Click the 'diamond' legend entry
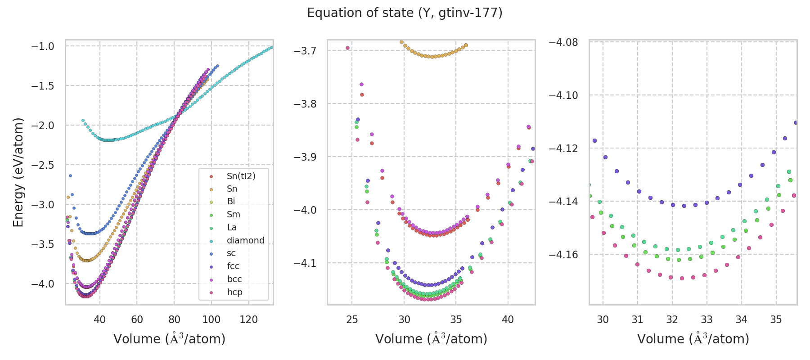pyautogui.click(x=245, y=240)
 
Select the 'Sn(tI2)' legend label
pyautogui.click(x=241, y=176)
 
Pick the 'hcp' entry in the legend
pyautogui.click(x=234, y=292)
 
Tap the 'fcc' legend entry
pyautogui.click(x=233, y=266)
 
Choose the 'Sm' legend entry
pyautogui.click(x=233, y=214)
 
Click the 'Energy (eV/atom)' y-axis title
pyautogui.click(x=18, y=172)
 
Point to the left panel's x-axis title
pyautogui.click(x=169, y=339)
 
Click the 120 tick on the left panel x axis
pyautogui.click(x=248, y=319)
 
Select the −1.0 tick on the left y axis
pyautogui.click(x=43, y=46)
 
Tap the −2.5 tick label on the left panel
pyautogui.click(x=43, y=165)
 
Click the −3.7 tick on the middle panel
pyautogui.click(x=305, y=51)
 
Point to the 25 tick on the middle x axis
pyautogui.click(x=352, y=319)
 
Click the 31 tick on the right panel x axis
pyautogui.click(x=637, y=319)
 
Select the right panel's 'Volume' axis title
pyautogui.click(x=693, y=339)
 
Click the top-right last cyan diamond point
pyautogui.click(x=271, y=47)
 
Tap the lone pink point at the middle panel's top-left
pyautogui.click(x=347, y=48)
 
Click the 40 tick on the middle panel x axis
pyautogui.click(x=508, y=319)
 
